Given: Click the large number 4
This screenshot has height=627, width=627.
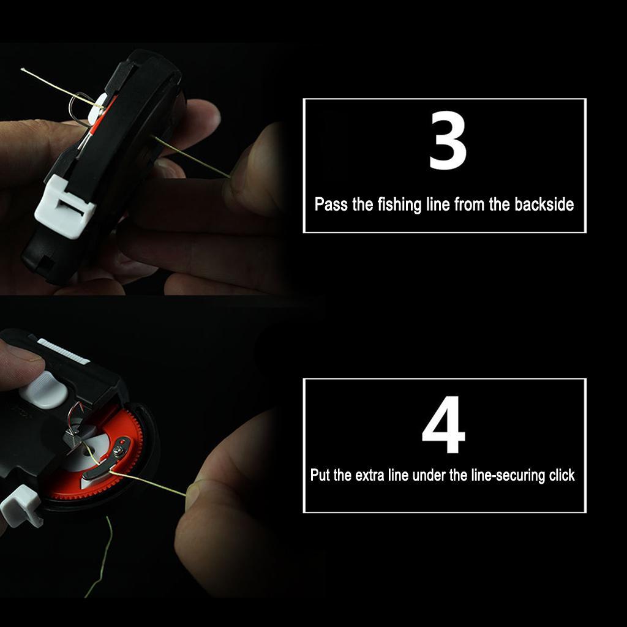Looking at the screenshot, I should pos(444,429).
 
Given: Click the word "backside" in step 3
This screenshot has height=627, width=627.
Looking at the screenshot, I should pos(544,205).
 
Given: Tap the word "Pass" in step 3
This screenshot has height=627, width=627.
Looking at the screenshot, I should pos(331,205).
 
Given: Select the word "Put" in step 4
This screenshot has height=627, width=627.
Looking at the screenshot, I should pos(321,475).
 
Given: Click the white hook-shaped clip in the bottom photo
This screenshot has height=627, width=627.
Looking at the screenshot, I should pos(21,506).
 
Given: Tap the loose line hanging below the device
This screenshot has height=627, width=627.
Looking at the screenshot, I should pos(100,557).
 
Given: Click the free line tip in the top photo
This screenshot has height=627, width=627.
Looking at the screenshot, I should pos(23,70).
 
